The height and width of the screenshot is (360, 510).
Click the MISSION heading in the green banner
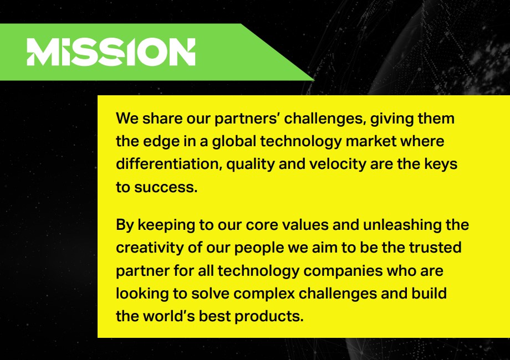(x=111, y=52)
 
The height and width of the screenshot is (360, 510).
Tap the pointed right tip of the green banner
(x=314, y=79)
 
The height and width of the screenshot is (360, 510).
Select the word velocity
(x=338, y=164)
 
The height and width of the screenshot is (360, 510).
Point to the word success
(x=166, y=187)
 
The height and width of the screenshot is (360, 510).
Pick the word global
(x=234, y=142)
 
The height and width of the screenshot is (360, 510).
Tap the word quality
(x=251, y=164)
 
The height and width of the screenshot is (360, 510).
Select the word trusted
(x=435, y=248)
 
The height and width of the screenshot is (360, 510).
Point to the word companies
(x=343, y=271)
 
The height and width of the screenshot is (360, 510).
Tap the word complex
(x=264, y=294)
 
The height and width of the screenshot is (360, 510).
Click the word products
(x=269, y=317)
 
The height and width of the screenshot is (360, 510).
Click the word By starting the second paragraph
(x=125, y=225)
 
